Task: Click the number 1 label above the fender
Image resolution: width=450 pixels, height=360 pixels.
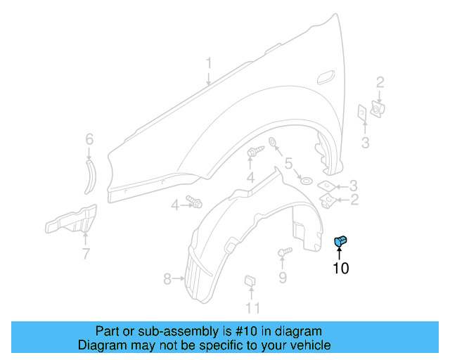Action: [x=209, y=65]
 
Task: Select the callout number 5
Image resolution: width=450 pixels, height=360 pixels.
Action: [x=288, y=165]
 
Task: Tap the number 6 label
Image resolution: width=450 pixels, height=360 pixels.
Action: [x=89, y=139]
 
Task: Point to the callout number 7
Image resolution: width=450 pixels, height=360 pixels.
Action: [x=85, y=254]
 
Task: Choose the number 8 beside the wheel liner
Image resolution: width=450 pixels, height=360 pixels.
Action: [x=167, y=279]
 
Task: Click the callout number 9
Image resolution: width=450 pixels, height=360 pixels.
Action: [x=282, y=278]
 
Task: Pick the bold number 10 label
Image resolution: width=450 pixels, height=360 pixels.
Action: [x=340, y=268]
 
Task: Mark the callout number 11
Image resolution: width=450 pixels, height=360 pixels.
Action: [x=252, y=307]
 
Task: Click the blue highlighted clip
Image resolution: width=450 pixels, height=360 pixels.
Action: [x=340, y=241]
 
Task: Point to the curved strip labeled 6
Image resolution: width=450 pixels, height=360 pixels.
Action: [x=91, y=176]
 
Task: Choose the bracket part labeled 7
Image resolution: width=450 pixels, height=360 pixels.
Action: [x=70, y=221]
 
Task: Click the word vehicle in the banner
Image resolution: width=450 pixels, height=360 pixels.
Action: [x=312, y=345]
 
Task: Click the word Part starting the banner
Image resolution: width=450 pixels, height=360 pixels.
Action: [x=108, y=331]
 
